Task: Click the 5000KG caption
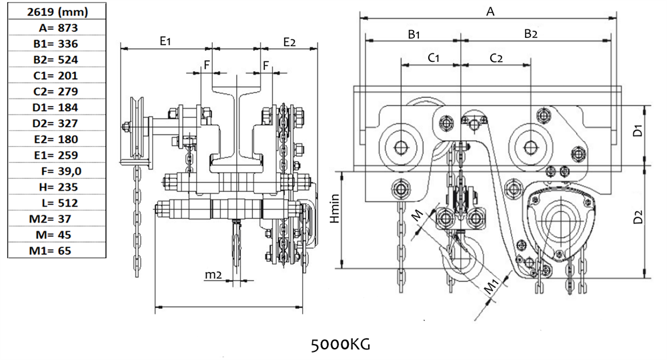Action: (x=340, y=344)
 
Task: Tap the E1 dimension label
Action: (x=165, y=42)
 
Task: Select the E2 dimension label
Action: (x=289, y=42)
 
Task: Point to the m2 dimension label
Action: (x=213, y=275)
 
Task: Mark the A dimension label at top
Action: (x=491, y=11)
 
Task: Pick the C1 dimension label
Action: (x=432, y=57)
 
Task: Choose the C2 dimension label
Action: (x=496, y=57)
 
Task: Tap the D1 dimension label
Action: (x=638, y=131)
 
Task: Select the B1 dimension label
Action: (x=414, y=33)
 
